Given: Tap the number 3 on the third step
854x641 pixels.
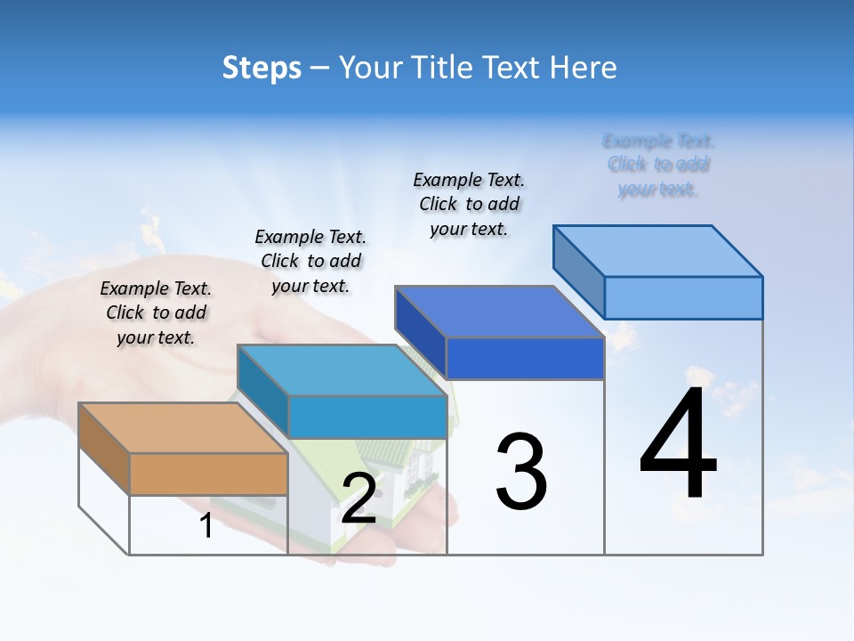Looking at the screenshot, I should point(521,472).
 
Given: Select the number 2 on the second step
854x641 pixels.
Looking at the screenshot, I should point(359,499).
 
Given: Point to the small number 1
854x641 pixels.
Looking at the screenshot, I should point(205,526).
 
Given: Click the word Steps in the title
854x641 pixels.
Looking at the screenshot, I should point(262,68).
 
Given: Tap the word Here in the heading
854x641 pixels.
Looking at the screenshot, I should point(584,68).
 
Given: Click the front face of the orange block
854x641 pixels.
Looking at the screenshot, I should point(208,474).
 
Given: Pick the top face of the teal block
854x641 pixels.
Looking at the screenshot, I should point(342,369).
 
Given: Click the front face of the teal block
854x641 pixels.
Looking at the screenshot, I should point(367,417).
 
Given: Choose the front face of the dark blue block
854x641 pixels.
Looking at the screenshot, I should point(525,358).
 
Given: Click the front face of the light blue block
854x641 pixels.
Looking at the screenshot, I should point(683,297).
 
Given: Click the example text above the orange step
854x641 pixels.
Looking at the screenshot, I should point(156,312).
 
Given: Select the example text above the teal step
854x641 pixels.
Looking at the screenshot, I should point(310,261).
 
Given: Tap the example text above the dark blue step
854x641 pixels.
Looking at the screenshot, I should point(469,204).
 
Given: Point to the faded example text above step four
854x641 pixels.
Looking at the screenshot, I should point(658,165).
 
